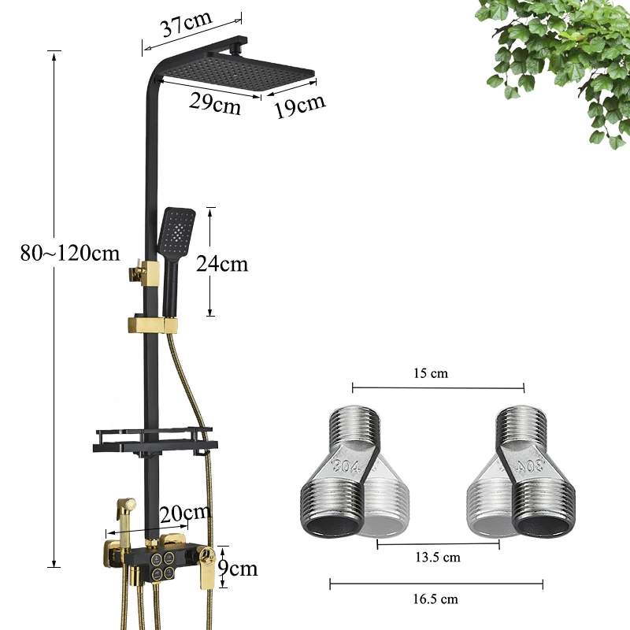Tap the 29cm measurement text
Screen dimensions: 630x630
[215, 104]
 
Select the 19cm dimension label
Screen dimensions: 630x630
[300, 106]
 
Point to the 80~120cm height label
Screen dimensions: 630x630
[70, 253]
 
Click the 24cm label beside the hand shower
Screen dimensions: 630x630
[222, 264]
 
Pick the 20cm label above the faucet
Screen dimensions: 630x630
[185, 513]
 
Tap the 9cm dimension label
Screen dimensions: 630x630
[238, 568]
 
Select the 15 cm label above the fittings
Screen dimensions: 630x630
[431, 373]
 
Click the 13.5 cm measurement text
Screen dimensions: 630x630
[438, 558]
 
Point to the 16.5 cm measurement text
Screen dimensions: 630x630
[435, 599]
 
